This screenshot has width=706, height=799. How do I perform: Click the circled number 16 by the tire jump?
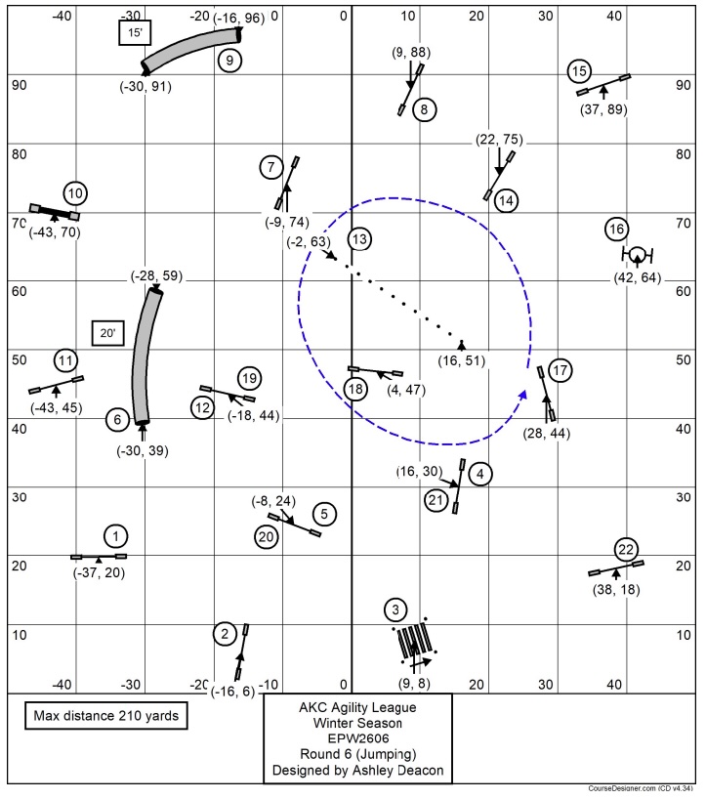coord(617,229)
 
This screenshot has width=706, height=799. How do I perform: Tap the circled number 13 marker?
coord(359,238)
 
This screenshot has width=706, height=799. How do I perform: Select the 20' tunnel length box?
coord(105,333)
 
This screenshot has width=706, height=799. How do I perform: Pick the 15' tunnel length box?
coord(132,33)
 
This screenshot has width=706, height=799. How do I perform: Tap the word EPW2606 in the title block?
coord(357,739)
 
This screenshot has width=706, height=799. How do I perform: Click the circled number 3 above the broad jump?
coord(395,611)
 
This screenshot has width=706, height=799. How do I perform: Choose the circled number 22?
coord(627,548)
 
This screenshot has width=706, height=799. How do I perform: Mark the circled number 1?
coord(116,535)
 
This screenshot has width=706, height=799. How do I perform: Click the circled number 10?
coord(76,192)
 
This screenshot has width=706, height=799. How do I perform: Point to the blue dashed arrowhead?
coord(523,394)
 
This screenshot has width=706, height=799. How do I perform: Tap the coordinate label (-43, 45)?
coord(56,407)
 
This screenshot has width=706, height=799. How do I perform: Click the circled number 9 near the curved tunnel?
coord(228,61)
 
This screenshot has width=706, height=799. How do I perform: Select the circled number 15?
coord(579,71)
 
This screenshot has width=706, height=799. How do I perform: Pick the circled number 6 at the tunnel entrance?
coord(117,420)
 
